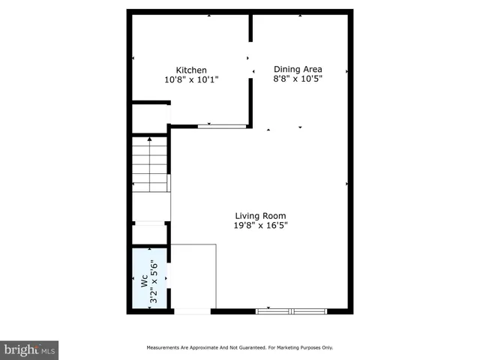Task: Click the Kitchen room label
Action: pyautogui.click(x=191, y=70)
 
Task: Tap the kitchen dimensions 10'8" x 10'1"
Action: pyautogui.click(x=191, y=79)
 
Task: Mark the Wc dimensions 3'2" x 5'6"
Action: pyautogui.click(x=154, y=281)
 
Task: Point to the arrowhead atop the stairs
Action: pyautogui.click(x=150, y=139)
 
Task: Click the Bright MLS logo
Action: pyautogui.click(x=29, y=349)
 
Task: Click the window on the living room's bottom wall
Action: pyautogui.click(x=291, y=310)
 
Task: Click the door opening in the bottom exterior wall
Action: pyautogui.click(x=193, y=310)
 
